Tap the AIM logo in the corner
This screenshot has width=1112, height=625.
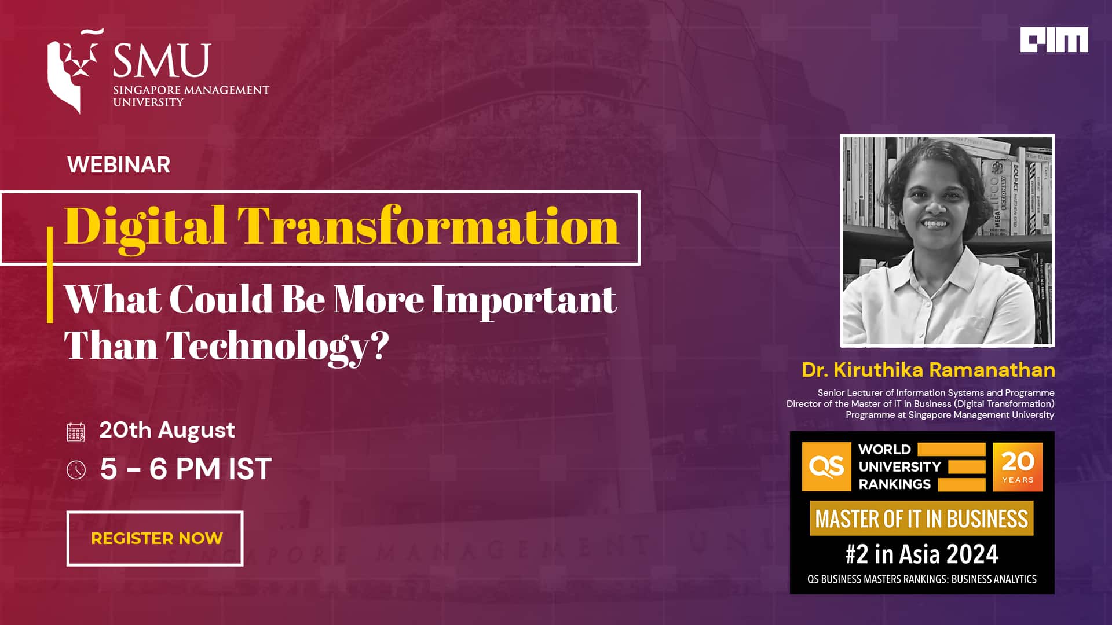coord(1054,40)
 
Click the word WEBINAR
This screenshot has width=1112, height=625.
coord(119,165)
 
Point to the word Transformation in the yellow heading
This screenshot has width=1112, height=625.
coord(428,226)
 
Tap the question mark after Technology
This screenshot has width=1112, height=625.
coord(379,345)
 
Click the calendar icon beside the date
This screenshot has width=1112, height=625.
coord(76,432)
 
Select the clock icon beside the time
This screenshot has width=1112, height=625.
coord(76,469)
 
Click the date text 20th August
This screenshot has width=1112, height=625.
coord(167,430)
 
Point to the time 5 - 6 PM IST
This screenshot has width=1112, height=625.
coord(185,469)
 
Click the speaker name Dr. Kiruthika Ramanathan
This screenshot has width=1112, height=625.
coord(928,370)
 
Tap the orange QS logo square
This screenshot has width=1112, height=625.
coord(826,466)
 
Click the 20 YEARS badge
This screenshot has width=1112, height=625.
coord(1018,466)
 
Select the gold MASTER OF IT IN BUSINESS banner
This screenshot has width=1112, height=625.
coord(921,519)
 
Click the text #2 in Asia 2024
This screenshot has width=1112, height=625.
coord(922,554)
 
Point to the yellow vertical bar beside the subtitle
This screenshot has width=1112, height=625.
coord(50,274)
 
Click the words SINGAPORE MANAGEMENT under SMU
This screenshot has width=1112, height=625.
coord(191,90)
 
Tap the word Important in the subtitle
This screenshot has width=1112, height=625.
coord(524,300)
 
